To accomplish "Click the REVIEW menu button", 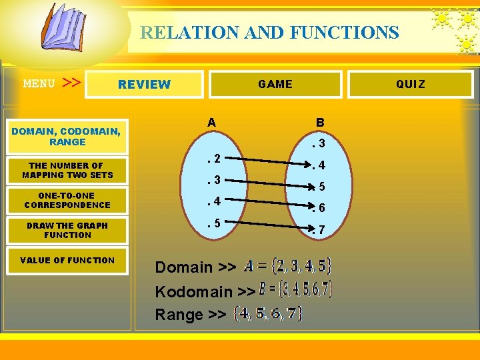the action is pos(145,85).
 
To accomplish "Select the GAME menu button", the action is pos(275,84).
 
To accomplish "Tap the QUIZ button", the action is pos(410,84).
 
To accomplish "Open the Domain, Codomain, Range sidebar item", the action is pos(66,137).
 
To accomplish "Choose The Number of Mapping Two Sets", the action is pos(67,171).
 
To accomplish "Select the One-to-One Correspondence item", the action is pos(67,201).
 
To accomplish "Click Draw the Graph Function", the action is pos(67,230).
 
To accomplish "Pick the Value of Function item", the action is pos(67,260).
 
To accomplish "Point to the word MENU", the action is pos(39,84).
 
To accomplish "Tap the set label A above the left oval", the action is pos(211,122).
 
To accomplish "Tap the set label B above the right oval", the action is pos(320,123).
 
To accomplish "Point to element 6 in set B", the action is pos(319,208).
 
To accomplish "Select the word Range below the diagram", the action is pos(179,315).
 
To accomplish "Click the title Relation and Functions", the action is pos(269,32).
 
